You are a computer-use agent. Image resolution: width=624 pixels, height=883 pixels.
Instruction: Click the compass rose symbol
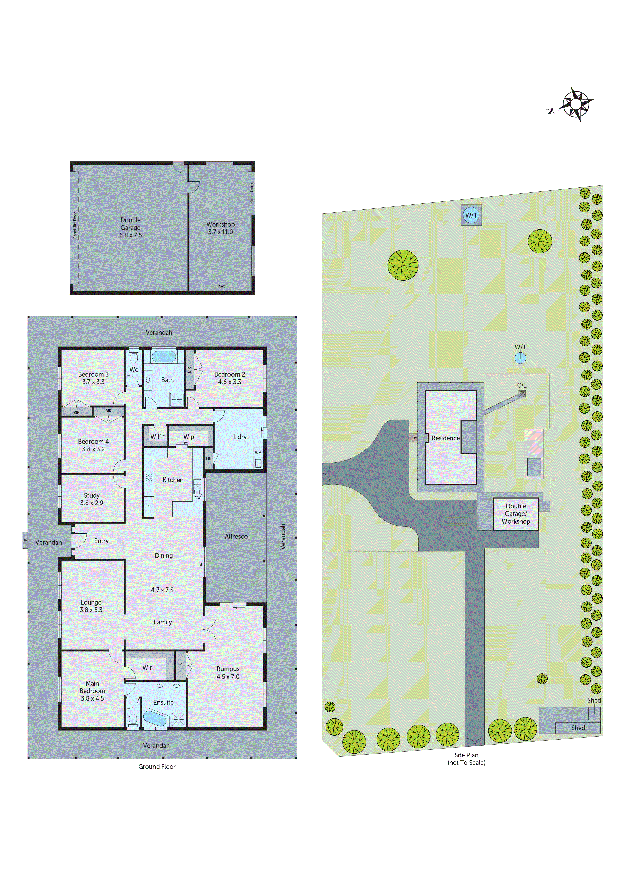click(x=575, y=104)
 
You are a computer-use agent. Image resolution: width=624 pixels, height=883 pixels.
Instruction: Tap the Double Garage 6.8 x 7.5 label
click(x=130, y=227)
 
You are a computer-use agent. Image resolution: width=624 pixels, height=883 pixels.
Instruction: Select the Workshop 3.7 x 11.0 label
click(x=220, y=228)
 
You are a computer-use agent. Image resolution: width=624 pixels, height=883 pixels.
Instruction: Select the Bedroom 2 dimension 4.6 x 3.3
click(x=229, y=382)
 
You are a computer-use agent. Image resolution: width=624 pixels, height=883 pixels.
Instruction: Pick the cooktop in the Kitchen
click(x=149, y=478)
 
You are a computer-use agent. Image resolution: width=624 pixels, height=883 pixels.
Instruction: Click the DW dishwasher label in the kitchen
click(x=198, y=498)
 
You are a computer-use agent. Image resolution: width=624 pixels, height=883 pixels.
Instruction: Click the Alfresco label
click(x=236, y=536)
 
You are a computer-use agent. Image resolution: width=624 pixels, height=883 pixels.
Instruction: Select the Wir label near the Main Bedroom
click(x=147, y=668)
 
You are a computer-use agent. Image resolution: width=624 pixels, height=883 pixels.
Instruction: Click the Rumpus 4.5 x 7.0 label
click(x=228, y=673)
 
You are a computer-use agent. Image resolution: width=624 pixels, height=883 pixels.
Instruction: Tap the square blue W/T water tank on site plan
click(x=471, y=215)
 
